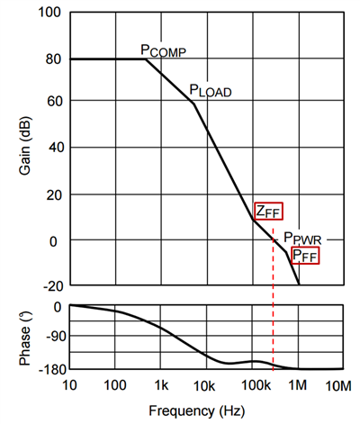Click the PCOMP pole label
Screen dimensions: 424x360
tap(162, 51)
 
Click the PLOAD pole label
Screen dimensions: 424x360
tap(209, 90)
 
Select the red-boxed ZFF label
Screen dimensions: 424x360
tap(268, 212)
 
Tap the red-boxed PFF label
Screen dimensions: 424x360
tap(304, 257)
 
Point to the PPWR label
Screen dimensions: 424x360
tap(301, 239)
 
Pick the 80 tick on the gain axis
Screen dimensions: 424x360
tap(51, 59)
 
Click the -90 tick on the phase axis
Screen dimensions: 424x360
tap(50, 338)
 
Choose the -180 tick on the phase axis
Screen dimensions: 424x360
tap(47, 368)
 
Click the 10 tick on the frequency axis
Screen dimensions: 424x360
tap(69, 385)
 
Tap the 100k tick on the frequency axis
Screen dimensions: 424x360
tap(252, 385)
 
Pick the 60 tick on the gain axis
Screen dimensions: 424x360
tap(51, 104)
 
